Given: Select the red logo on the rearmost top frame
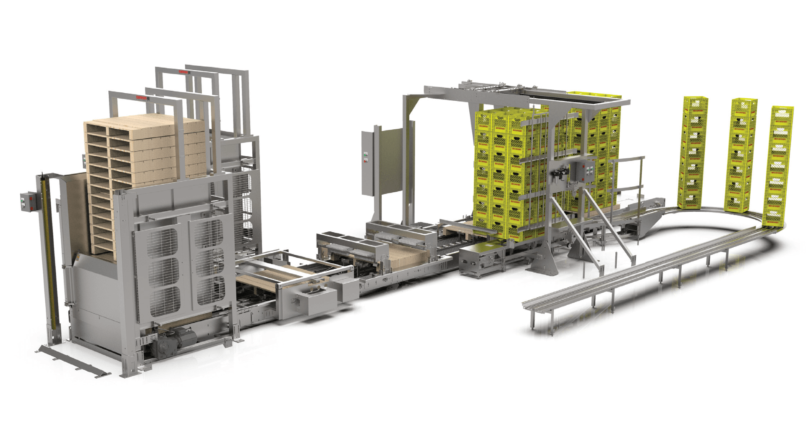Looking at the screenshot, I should click(x=184, y=72).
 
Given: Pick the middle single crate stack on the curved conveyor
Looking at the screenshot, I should click(x=741, y=155).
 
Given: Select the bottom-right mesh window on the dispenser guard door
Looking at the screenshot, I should click(x=209, y=290).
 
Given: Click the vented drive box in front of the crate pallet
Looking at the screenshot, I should click(x=479, y=260).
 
